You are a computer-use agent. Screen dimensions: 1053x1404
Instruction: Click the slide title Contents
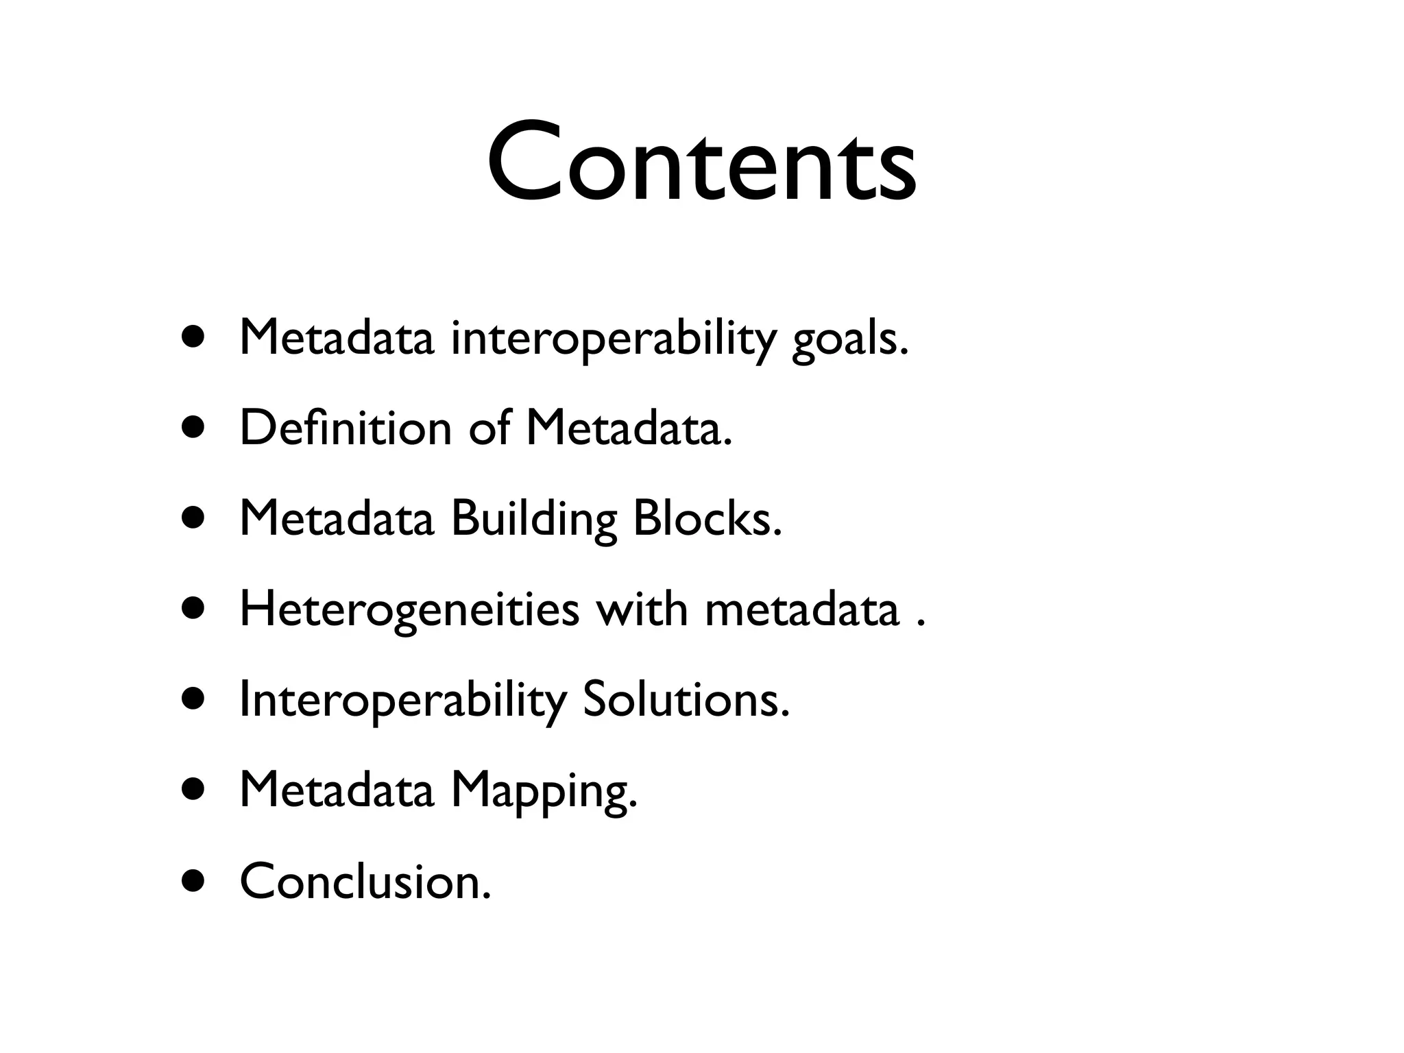pyautogui.click(x=701, y=163)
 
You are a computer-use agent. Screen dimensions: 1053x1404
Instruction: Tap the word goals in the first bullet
pyautogui.click(x=849, y=339)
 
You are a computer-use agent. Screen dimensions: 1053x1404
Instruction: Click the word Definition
pyautogui.click(x=346, y=428)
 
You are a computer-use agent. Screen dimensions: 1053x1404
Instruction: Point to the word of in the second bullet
pyautogui.click(x=489, y=428)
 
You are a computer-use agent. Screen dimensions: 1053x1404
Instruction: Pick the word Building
pyautogui.click(x=534, y=519)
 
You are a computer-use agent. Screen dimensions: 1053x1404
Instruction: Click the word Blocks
pyautogui.click(x=707, y=518)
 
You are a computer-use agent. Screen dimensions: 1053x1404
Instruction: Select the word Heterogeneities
pyautogui.click(x=409, y=609)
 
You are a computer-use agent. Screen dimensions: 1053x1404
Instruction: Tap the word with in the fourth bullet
pyautogui.click(x=641, y=609)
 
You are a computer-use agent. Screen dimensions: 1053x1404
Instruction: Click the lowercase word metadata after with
pyautogui.click(x=801, y=609)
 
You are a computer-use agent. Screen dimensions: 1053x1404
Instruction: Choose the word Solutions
pyautogui.click(x=686, y=700)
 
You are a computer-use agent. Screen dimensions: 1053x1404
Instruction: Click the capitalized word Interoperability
pyautogui.click(x=403, y=701)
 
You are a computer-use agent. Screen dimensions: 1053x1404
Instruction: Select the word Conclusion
pyautogui.click(x=365, y=882)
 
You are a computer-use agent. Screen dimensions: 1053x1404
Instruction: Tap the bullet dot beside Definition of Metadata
pyautogui.click(x=193, y=428)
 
